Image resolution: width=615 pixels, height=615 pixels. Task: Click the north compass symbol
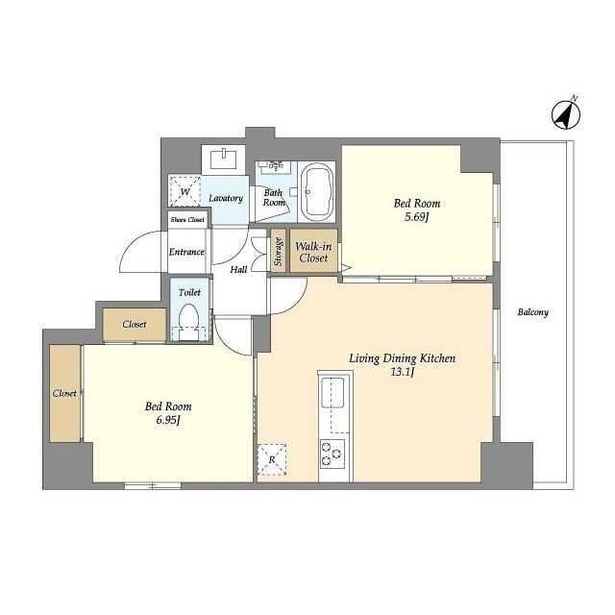point(566,115)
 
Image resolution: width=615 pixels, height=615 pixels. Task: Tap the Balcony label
point(532,312)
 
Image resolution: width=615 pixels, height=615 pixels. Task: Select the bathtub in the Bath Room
point(316,191)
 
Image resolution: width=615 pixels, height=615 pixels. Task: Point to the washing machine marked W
point(185,191)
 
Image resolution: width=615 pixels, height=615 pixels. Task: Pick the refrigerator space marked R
point(272,459)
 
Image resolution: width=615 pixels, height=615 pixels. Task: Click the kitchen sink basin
point(332,393)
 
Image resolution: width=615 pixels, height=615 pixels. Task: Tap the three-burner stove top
point(332,454)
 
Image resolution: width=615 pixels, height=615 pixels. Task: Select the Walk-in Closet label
point(313,252)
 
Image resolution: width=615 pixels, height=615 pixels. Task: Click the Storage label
point(278,252)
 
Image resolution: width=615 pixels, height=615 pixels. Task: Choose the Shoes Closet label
point(187,220)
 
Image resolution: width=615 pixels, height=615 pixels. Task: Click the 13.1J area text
point(403,372)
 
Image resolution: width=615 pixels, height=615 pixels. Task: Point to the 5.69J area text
point(416,217)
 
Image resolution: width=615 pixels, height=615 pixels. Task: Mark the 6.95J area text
point(168,421)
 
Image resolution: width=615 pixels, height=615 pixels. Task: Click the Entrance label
point(186,252)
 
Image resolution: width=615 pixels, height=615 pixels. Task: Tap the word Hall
point(238,269)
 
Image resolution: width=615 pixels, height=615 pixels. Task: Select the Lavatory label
point(226,198)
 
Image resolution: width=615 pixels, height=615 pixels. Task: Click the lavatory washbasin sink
point(223,160)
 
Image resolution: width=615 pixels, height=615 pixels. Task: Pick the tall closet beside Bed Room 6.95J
point(65,393)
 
